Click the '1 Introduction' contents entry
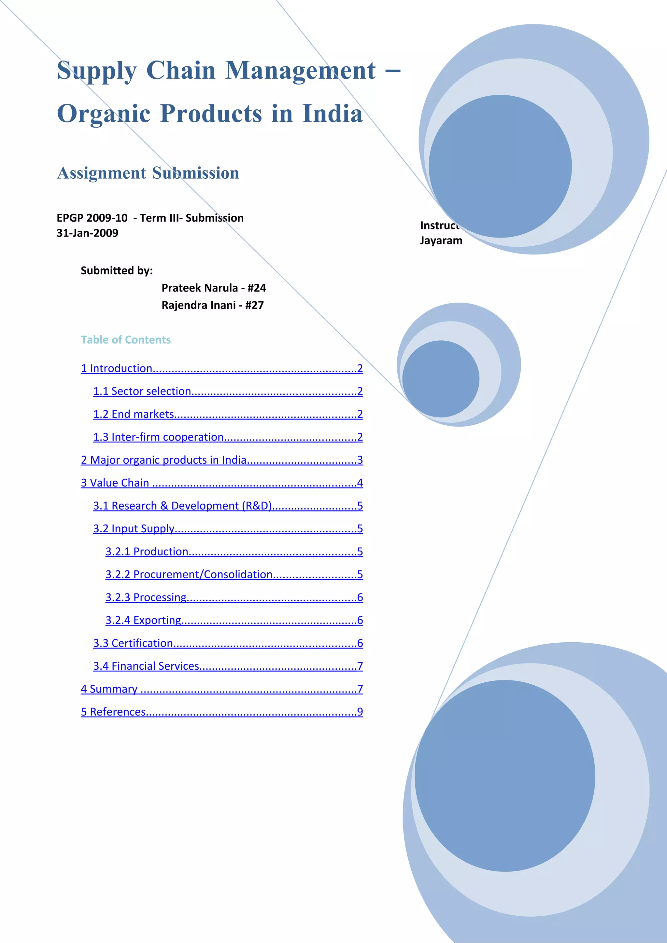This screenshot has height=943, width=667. [x=117, y=368]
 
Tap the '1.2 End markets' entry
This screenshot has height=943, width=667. [x=134, y=415]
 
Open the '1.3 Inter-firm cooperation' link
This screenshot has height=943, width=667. [x=158, y=437]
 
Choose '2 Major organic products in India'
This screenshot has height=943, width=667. [x=163, y=460]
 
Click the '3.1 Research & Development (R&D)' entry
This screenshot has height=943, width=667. [x=182, y=506]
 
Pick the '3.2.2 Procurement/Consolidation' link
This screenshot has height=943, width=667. [x=189, y=575]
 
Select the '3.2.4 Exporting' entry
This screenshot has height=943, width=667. [x=143, y=620]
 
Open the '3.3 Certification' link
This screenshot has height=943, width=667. [x=133, y=643]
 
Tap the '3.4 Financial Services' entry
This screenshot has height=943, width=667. [x=146, y=666]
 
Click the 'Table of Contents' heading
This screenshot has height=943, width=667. [x=126, y=340]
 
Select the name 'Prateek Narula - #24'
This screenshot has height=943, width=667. [x=214, y=288]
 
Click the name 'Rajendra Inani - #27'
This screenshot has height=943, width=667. [x=212, y=305]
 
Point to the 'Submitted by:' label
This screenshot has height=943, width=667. [x=117, y=271]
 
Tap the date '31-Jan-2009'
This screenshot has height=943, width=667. [x=88, y=233]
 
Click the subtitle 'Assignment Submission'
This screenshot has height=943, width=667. [x=148, y=173]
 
